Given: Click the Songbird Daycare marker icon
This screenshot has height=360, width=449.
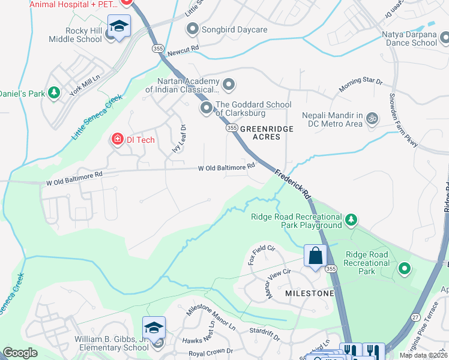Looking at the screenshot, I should pos(193,28).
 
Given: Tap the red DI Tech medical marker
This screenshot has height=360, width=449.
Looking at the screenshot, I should pos(117,140).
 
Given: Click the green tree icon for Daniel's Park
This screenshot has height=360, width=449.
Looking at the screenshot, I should pos(54,93).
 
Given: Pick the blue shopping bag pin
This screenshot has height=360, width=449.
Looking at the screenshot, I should pos(315,256).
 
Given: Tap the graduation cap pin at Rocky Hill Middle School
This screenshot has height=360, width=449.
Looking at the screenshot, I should pos(119,27).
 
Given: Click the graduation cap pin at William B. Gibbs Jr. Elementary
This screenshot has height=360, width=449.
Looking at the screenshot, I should pos(154,328).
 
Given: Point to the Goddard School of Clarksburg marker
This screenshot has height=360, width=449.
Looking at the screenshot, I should pos(206,108).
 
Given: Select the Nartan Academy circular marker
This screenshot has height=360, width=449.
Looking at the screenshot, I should pos(228,84).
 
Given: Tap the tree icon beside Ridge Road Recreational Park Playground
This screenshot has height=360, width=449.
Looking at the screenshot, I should pos(352,221).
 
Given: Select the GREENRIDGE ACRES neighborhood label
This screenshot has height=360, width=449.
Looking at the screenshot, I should pos(261,133).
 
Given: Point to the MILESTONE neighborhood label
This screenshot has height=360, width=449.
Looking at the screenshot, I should pos(309,293).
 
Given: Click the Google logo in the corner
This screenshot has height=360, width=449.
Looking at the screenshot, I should pos(20,353).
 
